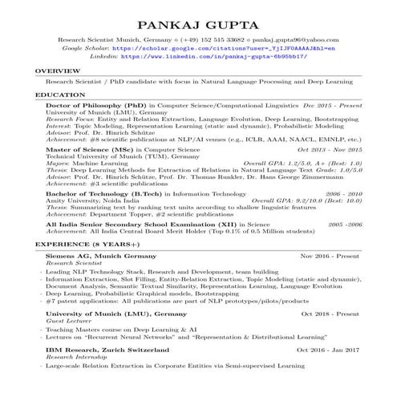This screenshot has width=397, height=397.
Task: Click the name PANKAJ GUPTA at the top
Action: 198,23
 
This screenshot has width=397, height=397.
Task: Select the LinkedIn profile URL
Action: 213,57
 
